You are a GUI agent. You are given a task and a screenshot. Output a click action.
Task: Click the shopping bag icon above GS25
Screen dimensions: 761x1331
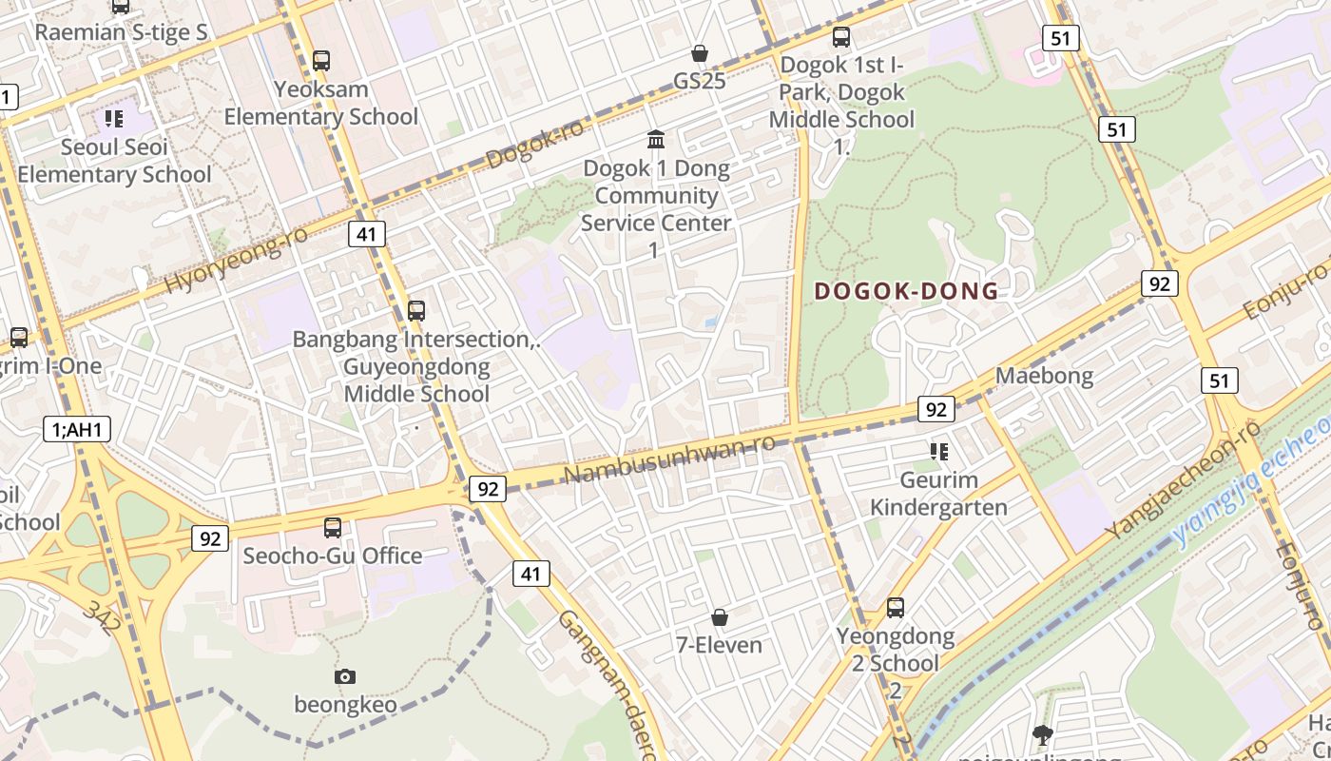coord(700,52)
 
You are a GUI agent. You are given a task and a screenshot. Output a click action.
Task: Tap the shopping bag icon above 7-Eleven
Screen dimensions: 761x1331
coord(720,618)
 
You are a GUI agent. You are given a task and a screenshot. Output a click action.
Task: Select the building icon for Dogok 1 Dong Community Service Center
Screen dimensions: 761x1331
coord(656,140)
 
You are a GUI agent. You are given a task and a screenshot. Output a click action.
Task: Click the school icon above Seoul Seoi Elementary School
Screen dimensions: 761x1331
coord(114,119)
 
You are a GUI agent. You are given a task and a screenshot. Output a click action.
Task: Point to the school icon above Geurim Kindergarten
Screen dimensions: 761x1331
coord(939,451)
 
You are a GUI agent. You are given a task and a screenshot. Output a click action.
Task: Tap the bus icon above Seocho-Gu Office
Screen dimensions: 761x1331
coord(332,527)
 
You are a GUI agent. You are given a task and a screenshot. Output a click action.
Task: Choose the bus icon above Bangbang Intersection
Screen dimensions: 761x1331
coord(415,310)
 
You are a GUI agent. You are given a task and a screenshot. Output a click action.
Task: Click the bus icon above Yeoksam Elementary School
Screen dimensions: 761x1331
coord(321,61)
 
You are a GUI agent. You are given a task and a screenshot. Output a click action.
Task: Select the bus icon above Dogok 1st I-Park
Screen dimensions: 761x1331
coord(841,37)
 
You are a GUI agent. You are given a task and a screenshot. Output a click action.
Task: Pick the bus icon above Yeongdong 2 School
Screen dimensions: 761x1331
coord(895,607)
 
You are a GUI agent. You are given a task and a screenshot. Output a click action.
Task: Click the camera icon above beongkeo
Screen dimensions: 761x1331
coord(345,676)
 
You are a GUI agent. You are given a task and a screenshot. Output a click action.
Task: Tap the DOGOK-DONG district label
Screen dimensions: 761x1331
coord(907,291)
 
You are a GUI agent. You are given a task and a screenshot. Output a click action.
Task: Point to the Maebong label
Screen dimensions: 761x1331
coord(1044,376)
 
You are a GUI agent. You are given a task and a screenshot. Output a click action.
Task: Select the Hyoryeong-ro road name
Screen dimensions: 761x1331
coord(237,260)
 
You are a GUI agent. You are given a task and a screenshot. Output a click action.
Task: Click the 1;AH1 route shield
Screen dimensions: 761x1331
coord(77,429)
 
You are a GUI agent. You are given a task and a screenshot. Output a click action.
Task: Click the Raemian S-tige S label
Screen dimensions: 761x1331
coord(121,31)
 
